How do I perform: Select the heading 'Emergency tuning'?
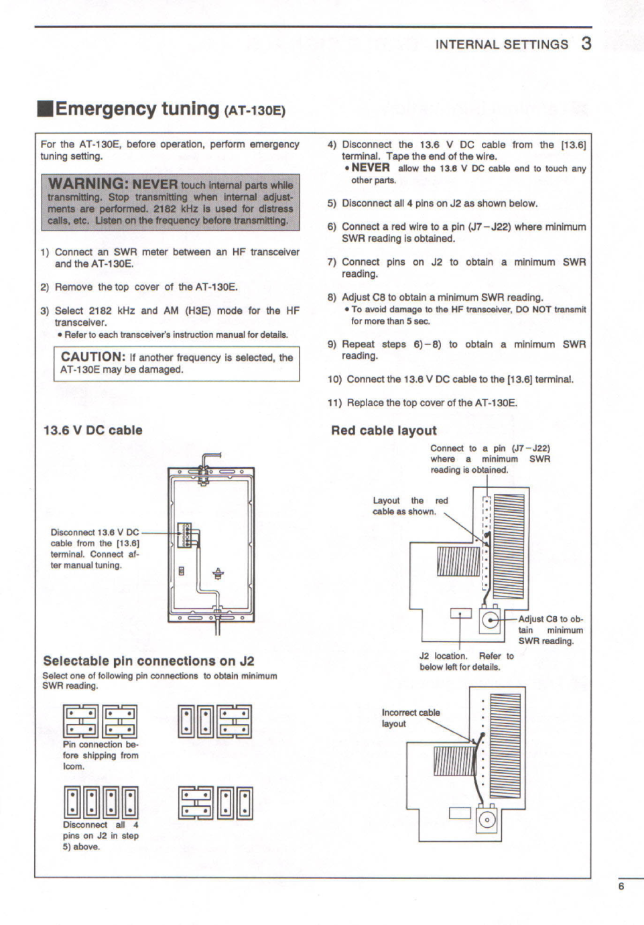[x=137, y=109]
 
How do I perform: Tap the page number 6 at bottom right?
[x=621, y=887]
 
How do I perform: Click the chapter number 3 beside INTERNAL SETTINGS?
[x=586, y=44]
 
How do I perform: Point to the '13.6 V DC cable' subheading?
[x=93, y=430]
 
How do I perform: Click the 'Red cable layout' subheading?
[x=384, y=431]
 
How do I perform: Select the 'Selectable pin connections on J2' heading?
[x=149, y=661]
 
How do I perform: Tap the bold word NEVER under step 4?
[x=371, y=168]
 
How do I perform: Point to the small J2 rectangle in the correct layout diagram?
[x=460, y=613]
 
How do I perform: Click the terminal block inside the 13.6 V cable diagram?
[x=184, y=535]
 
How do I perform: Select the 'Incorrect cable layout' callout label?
[x=411, y=718]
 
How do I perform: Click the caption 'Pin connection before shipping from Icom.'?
[x=101, y=755]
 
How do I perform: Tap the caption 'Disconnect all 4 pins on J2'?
[x=101, y=836]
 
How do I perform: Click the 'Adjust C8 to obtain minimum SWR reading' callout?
[x=551, y=630]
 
